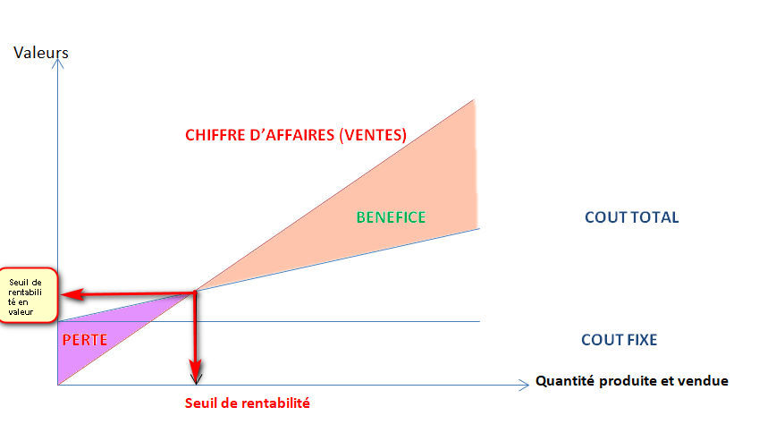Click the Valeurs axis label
click(x=41, y=52)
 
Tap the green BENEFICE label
click(x=391, y=216)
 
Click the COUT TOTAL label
click(x=631, y=217)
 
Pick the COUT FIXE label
click(x=619, y=340)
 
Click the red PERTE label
click(x=85, y=340)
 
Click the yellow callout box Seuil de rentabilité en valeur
click(x=29, y=294)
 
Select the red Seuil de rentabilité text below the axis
click(x=247, y=403)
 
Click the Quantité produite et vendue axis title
click(x=631, y=381)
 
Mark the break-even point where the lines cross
click(x=196, y=292)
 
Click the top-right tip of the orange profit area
click(x=473, y=100)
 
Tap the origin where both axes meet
click(x=57, y=385)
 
